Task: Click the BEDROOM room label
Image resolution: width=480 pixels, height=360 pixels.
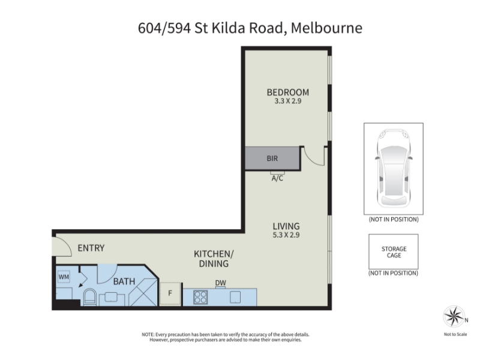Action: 288,92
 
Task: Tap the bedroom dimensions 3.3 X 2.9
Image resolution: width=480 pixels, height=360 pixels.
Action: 288,101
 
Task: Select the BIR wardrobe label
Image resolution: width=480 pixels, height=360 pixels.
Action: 272,158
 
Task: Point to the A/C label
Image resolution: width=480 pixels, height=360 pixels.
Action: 277,178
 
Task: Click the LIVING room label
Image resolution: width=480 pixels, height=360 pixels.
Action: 286,226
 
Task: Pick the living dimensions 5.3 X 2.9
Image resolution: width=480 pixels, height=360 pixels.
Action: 286,235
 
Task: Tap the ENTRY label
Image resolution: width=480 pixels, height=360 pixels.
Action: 91,248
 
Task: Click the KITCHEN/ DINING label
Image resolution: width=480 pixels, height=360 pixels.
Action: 214,259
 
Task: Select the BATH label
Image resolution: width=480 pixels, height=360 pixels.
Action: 124,281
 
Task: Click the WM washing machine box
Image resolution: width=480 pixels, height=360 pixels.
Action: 64,277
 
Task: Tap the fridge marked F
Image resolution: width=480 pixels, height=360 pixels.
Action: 170,293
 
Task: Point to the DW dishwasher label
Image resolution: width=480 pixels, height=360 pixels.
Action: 220,283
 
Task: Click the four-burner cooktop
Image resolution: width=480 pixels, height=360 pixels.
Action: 200,297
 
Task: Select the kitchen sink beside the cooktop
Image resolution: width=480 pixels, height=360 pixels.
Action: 235,297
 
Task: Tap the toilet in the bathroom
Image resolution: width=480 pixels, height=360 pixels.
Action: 89,297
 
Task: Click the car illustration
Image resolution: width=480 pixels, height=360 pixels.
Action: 394,169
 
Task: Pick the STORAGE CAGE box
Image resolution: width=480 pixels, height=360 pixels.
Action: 394,251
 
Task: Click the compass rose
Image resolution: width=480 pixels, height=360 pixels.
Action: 454,317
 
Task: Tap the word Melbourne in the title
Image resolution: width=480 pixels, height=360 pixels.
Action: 326,28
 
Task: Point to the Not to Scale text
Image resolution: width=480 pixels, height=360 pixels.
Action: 455,334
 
